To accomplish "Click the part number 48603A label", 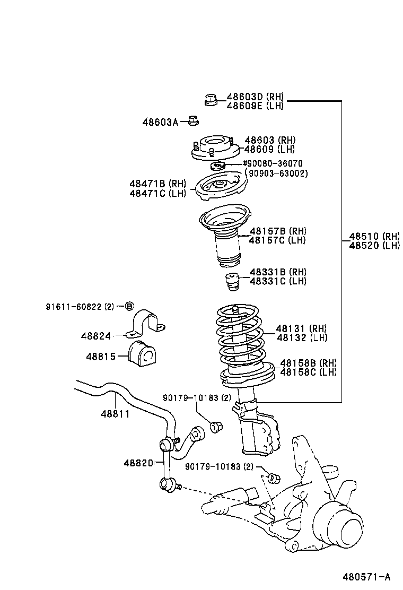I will coord(160,122).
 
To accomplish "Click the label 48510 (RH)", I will coord(374,237).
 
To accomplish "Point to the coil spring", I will coord(241,334).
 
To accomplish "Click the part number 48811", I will coord(116,413).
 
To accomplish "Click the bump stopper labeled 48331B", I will coord(231,282).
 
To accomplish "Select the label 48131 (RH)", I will coord(301,329).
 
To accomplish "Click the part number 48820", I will coord(138,463).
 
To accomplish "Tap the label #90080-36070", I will coord(273,164).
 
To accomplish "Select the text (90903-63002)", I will coord(276,173).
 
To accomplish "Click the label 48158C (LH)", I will coord(308,372).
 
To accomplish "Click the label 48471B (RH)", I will coord(157,184).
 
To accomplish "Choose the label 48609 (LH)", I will coord(269,149).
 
